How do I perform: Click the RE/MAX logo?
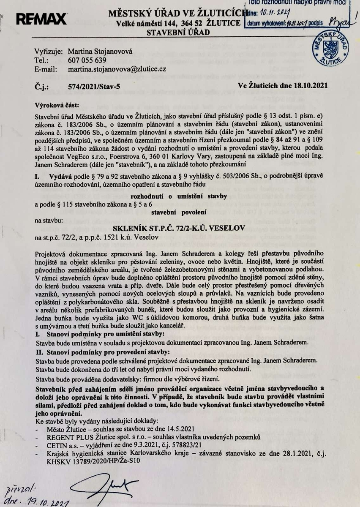[41, 19]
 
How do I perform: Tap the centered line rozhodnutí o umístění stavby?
[180, 196]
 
